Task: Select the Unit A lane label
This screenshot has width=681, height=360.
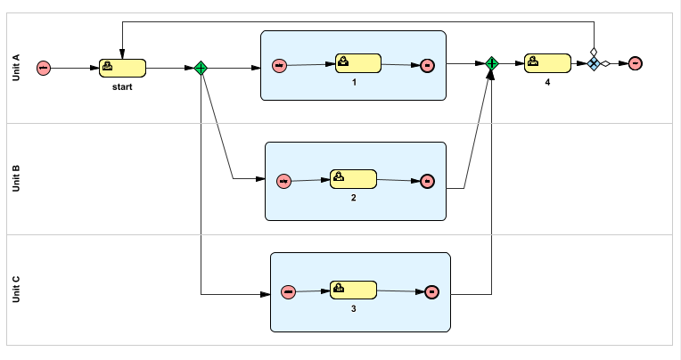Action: click(x=16, y=68)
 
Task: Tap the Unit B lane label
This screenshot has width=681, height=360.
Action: click(x=16, y=179)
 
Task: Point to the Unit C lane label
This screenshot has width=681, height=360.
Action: click(x=16, y=290)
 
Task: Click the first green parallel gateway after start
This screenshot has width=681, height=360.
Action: click(x=201, y=68)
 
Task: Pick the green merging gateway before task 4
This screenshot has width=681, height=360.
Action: click(x=491, y=63)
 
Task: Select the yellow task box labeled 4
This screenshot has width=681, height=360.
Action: click(x=547, y=63)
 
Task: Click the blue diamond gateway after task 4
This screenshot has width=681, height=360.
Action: click(x=594, y=63)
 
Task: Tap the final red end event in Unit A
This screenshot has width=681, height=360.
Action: click(x=635, y=63)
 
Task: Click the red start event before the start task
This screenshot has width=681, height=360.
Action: click(x=43, y=68)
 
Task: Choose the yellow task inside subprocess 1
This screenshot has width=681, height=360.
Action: click(x=358, y=63)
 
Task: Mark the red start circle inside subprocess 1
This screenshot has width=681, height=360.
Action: click(x=279, y=65)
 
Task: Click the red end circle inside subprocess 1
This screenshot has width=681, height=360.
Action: click(x=427, y=65)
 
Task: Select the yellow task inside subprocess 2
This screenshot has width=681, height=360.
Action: click(x=353, y=178)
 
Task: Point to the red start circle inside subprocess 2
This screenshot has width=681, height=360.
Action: click(x=283, y=181)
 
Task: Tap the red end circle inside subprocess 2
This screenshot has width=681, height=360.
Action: click(x=427, y=181)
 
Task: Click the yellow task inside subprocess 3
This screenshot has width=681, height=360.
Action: click(x=353, y=290)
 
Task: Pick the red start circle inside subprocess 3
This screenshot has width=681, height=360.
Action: click(x=288, y=291)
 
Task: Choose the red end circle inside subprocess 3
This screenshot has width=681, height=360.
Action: click(x=431, y=291)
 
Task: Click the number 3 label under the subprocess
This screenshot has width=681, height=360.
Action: click(x=354, y=308)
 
